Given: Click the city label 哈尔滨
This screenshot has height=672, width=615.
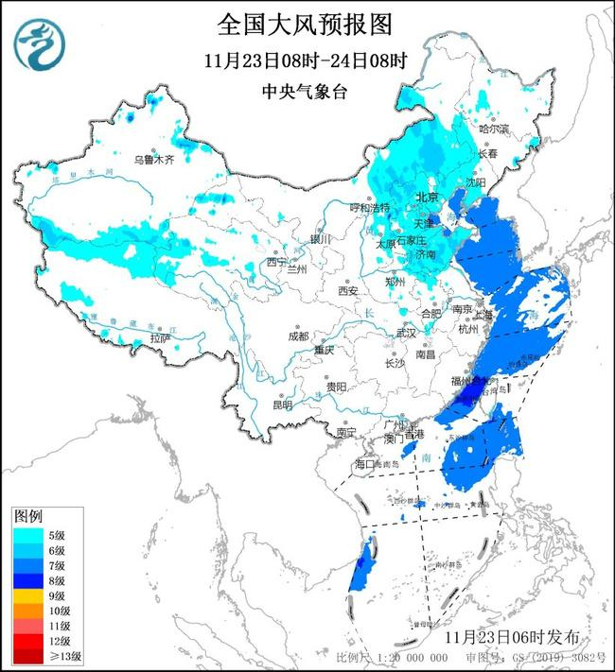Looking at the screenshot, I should (x=493, y=128).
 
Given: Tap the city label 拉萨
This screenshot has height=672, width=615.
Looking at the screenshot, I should (x=160, y=337).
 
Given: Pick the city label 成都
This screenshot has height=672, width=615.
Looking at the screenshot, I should (x=298, y=336).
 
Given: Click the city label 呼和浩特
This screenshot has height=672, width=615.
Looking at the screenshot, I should (x=370, y=207).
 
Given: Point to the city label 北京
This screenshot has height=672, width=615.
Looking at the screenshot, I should (x=429, y=198).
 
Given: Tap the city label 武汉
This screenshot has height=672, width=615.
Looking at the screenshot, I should (x=406, y=333).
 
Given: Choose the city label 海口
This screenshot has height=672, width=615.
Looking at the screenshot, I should (x=365, y=464).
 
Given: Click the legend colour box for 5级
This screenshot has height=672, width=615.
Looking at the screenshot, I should (x=26, y=535).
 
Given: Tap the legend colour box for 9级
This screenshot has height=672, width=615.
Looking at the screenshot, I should (x=26, y=596).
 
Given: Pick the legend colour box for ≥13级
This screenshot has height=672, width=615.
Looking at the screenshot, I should (x=26, y=657).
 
